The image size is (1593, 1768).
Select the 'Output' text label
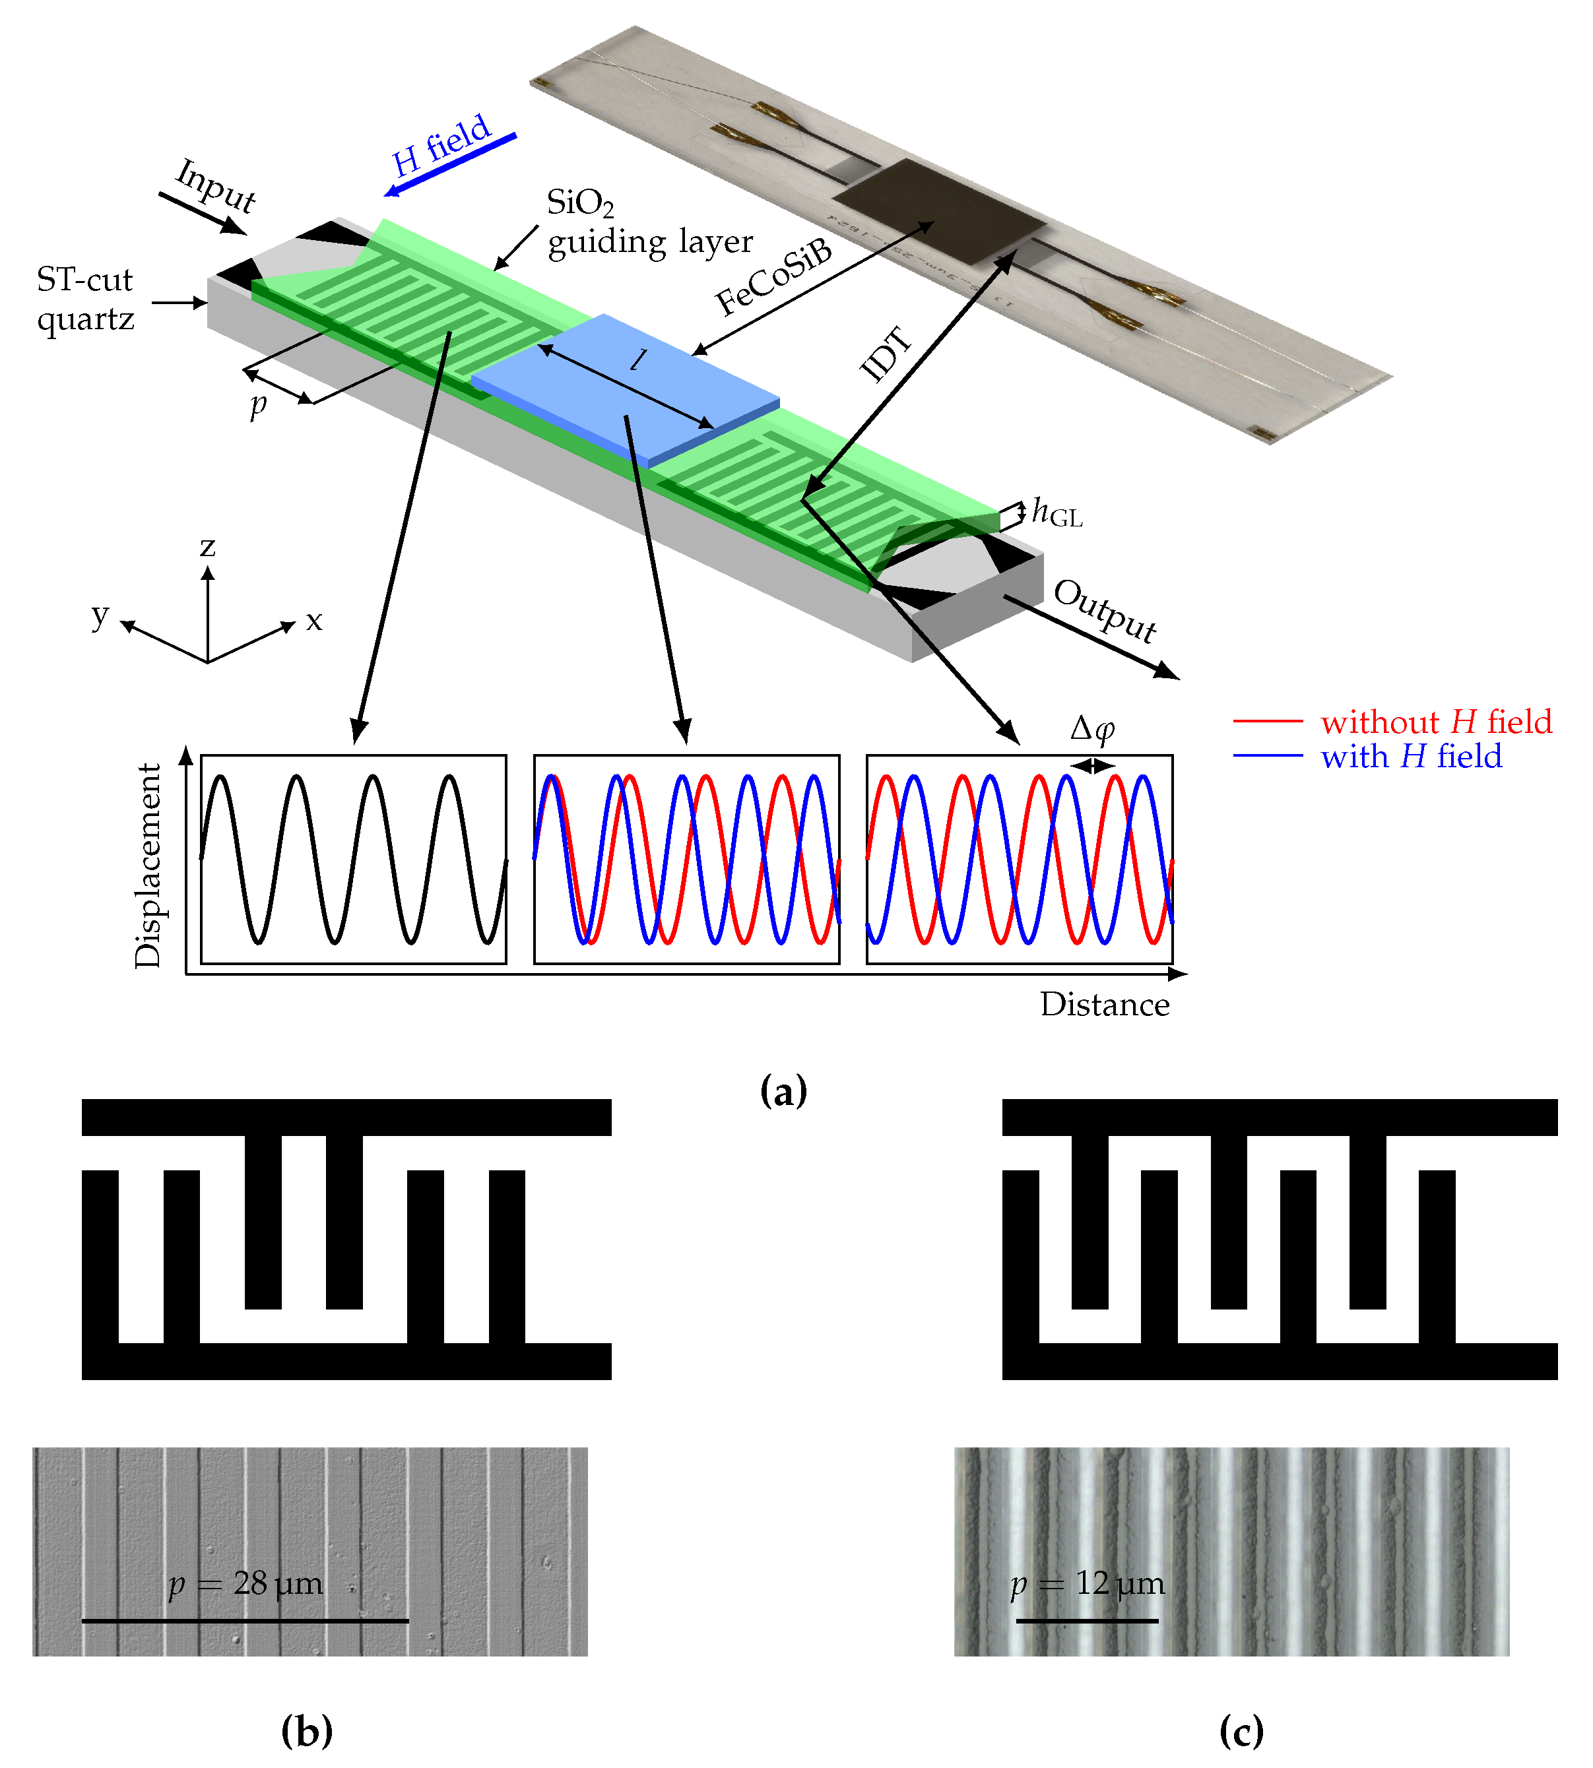pyautogui.click(x=1105, y=610)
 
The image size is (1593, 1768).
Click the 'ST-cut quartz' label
pyautogui.click(x=85, y=298)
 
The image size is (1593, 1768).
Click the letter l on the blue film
pyautogui.click(x=641, y=359)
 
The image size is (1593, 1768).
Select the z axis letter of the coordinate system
pyautogui.click(x=207, y=547)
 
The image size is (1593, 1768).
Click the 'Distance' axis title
pyautogui.click(x=1105, y=1004)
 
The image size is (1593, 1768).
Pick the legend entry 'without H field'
pyautogui.click(x=1435, y=722)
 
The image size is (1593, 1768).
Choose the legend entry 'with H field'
pyautogui.click(x=1411, y=756)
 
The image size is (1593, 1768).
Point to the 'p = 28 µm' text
pyautogui.click(x=246, y=1583)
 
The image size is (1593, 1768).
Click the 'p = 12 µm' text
pyautogui.click(x=1087, y=1583)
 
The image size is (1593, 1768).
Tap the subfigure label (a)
pyautogui.click(x=783, y=1091)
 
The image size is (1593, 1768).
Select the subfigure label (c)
pyautogui.click(x=1241, y=1730)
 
